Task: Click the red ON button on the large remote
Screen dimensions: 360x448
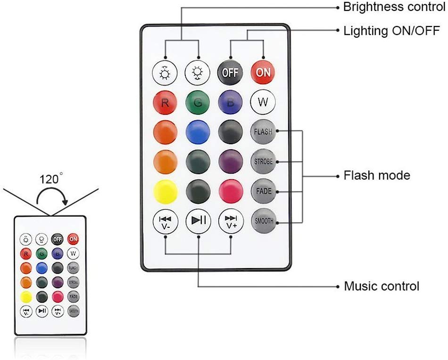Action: [263, 73]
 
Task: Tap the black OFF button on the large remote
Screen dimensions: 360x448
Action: [230, 73]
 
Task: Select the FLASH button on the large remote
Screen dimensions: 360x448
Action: [263, 132]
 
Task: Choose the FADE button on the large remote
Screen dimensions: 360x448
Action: [263, 191]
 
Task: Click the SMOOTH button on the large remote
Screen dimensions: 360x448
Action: [263, 221]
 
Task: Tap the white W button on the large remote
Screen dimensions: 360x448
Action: [263, 102]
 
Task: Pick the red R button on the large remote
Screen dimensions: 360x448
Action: [165, 102]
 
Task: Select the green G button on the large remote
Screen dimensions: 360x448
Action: [198, 102]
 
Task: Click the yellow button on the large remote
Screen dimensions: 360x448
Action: [165, 191]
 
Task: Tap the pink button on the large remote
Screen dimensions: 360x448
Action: [230, 191]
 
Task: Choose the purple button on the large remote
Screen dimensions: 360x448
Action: [230, 161]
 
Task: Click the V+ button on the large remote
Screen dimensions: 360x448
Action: [230, 221]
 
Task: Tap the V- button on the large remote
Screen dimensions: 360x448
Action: [165, 221]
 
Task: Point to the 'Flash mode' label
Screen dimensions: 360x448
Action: [377, 176]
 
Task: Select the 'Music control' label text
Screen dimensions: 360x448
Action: [381, 286]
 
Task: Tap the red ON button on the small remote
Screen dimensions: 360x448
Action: [73, 239]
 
